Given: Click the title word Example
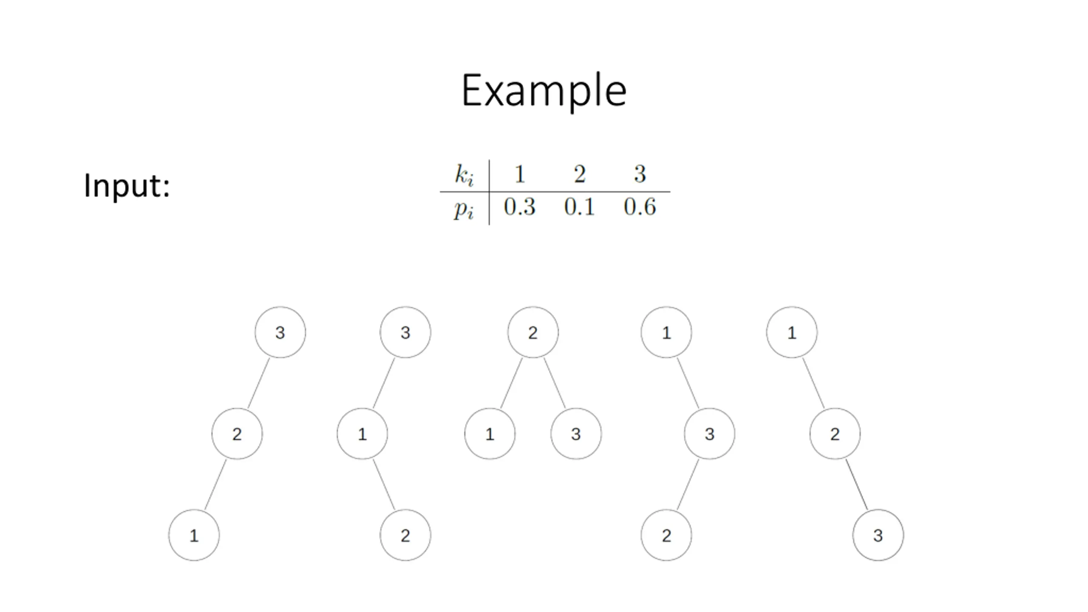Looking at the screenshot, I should click(x=544, y=91).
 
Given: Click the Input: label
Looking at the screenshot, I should click(x=127, y=186).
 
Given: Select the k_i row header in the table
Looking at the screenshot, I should click(x=464, y=175).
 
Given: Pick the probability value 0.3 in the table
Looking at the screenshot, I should click(x=519, y=207).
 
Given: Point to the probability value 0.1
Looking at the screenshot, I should click(x=579, y=207).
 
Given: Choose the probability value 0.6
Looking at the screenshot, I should click(x=640, y=207).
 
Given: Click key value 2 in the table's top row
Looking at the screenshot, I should click(x=580, y=174).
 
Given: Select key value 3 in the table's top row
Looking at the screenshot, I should click(x=640, y=174).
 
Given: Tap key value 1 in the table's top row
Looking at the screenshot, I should click(x=519, y=174).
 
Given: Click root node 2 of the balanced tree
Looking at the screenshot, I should click(x=533, y=332).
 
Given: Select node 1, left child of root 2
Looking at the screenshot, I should click(x=490, y=434).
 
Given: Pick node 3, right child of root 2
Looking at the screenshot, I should click(x=576, y=434).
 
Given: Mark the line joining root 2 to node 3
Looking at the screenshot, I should click(x=555, y=383).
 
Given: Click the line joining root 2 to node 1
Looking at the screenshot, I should click(x=511, y=383).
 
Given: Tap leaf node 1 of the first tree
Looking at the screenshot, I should click(x=194, y=535).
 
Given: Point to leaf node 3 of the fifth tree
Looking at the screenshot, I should click(x=878, y=535).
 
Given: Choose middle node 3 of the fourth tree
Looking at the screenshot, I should click(x=709, y=434).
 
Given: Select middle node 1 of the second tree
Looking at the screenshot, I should click(x=362, y=434).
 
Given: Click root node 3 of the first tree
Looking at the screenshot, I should click(x=280, y=332).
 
